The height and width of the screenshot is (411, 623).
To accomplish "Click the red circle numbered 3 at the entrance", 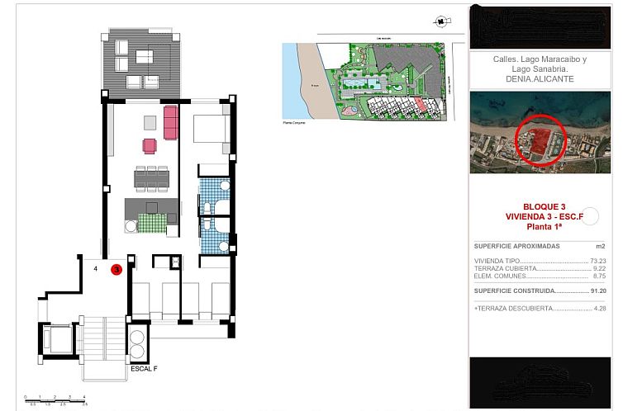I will [117, 268].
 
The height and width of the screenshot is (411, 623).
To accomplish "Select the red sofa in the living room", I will [170, 123].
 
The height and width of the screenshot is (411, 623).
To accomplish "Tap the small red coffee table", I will [150, 146].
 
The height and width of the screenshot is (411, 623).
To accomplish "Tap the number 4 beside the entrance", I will [96, 269].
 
